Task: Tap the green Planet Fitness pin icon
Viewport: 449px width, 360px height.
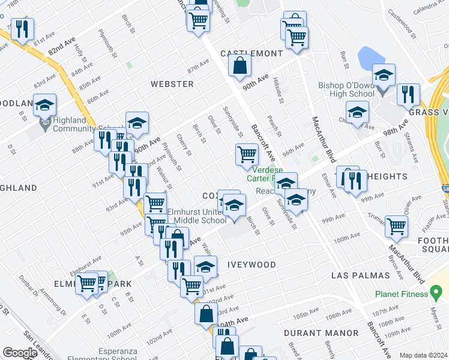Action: click(x=438, y=294)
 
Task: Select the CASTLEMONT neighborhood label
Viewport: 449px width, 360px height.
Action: click(x=251, y=53)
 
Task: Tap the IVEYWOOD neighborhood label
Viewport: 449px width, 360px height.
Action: click(x=252, y=265)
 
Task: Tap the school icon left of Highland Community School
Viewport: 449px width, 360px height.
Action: click(x=44, y=106)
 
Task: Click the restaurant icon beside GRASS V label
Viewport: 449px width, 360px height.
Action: click(x=408, y=94)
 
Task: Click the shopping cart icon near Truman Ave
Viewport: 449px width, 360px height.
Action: click(x=396, y=226)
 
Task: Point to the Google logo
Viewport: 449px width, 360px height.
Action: click(x=20, y=353)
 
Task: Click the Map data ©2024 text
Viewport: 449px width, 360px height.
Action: click(x=423, y=355)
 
